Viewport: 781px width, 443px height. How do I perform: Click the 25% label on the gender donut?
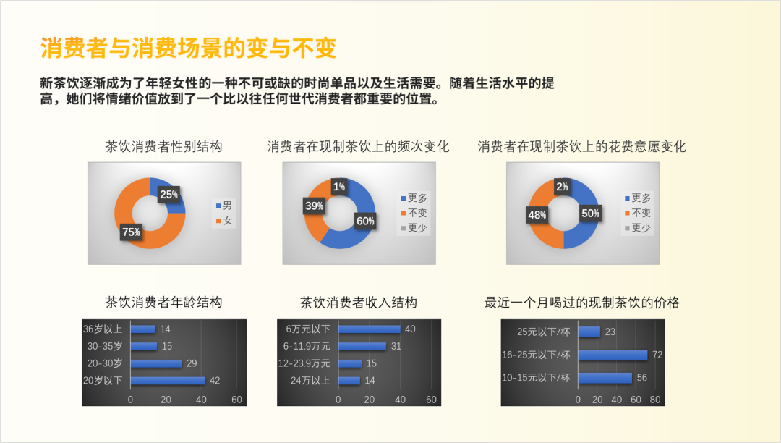(168, 194)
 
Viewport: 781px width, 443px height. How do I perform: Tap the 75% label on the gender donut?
(131, 232)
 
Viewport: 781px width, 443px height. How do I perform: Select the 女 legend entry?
(224, 220)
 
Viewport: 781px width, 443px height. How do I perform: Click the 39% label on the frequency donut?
(315, 206)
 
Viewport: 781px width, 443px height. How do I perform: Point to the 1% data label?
(339, 187)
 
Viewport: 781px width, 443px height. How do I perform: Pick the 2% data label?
(563, 187)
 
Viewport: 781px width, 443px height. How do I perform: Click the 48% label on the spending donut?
(537, 215)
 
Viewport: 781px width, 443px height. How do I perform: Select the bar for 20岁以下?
(168, 381)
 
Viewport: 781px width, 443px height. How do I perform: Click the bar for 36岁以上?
(143, 329)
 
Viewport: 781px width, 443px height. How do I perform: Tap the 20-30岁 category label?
(105, 363)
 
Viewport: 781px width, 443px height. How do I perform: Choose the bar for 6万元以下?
(369, 329)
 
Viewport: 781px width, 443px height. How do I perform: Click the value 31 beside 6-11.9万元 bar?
(396, 346)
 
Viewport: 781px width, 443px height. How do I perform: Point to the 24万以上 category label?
(310, 381)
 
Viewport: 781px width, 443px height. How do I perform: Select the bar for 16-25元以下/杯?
(613, 355)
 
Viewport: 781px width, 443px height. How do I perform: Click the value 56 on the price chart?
(642, 378)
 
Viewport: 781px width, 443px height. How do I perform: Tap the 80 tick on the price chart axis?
(655, 400)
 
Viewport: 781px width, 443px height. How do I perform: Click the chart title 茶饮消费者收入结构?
(359, 303)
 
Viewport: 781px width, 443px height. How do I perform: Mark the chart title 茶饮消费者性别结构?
(164, 146)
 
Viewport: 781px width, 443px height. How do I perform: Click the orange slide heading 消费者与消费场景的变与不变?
(188, 48)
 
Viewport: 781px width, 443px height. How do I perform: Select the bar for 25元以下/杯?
(589, 332)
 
